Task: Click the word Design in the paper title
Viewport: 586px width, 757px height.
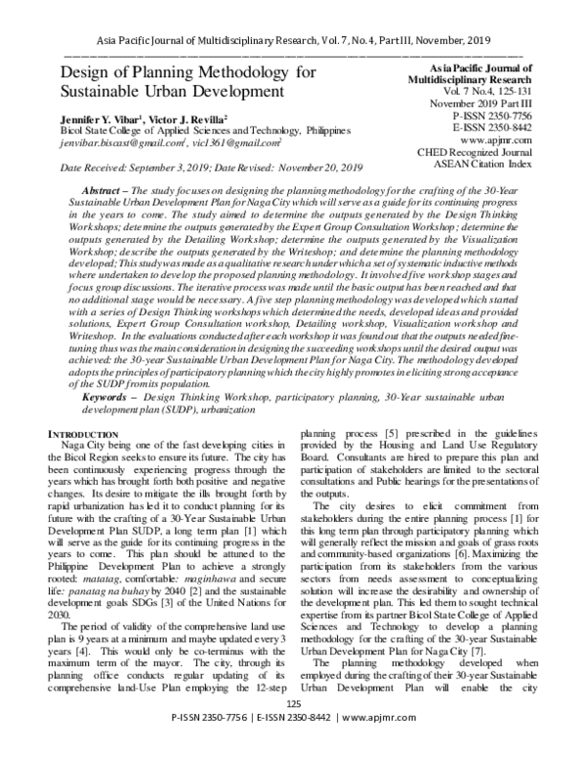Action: pos(90,74)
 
